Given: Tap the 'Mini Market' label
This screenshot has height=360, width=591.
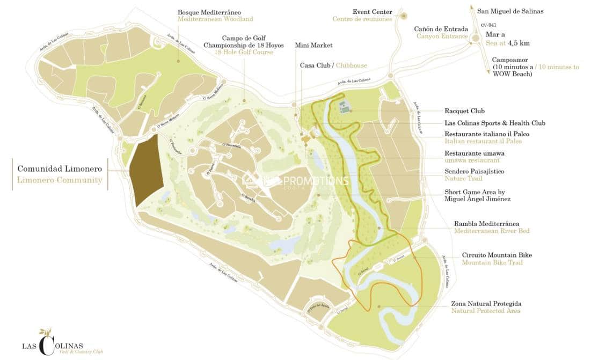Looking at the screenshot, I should coord(313,46).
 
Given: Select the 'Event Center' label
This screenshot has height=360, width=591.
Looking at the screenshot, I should coord(372,12).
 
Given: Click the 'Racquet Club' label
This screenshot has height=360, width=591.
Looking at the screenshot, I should coord(464,112).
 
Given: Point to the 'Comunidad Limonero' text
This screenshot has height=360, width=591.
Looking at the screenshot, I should coord(60,168).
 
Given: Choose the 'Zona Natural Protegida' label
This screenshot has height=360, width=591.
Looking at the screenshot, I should coord(486,304).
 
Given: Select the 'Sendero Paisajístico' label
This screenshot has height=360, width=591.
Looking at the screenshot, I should coord(474,172).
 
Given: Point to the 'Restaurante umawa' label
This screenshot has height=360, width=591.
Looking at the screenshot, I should coord(474,153).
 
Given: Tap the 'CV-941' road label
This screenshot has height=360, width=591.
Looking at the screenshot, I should coord(488,25).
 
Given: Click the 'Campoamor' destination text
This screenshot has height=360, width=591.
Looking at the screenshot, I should coord(512,60).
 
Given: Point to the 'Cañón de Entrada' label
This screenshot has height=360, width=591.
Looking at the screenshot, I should coord(441,29).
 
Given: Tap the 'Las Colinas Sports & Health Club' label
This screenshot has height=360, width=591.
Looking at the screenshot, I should coord(494,123).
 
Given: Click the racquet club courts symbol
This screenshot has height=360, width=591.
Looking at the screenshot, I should coord(345,107).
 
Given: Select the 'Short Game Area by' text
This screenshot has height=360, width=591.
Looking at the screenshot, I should coord(475,192).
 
